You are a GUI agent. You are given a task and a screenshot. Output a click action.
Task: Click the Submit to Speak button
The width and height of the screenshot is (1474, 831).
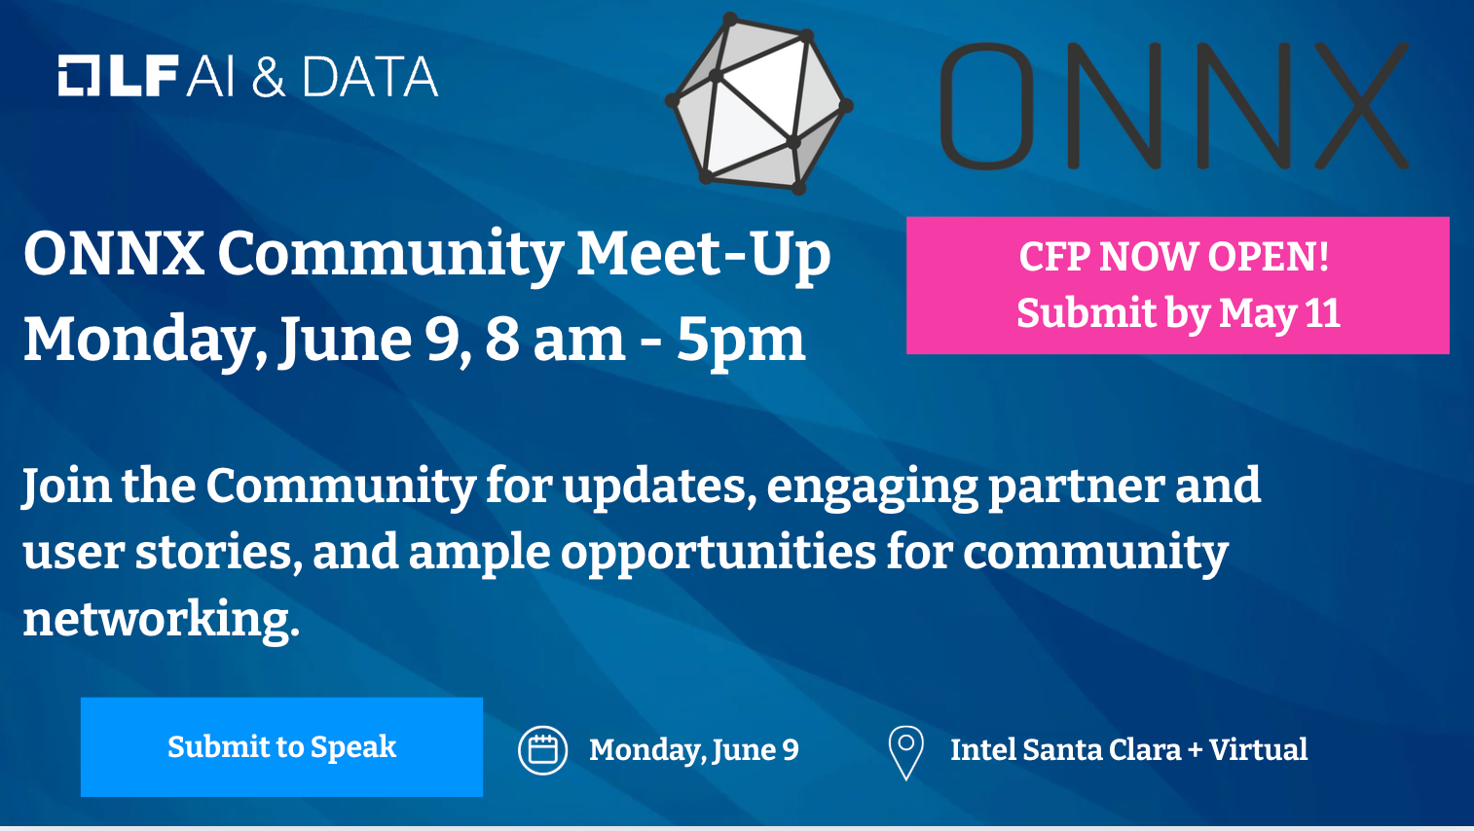pyautogui.click(x=281, y=747)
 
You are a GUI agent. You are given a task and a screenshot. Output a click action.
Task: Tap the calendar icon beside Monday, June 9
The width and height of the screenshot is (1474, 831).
pyautogui.click(x=543, y=750)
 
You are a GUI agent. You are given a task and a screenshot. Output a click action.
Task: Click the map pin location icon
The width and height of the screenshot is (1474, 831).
pyautogui.click(x=906, y=753)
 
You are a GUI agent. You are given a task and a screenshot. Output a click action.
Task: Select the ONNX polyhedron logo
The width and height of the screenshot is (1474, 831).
pyautogui.click(x=759, y=104)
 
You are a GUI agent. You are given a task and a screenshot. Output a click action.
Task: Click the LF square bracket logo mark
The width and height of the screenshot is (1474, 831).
pyautogui.click(x=78, y=76)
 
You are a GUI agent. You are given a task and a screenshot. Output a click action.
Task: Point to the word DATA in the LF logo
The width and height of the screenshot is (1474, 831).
pyautogui.click(x=370, y=76)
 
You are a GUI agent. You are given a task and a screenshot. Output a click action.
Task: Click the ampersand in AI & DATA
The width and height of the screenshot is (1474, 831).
pyautogui.click(x=269, y=76)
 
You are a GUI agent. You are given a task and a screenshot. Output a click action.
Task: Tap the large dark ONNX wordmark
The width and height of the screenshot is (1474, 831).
pyautogui.click(x=1174, y=105)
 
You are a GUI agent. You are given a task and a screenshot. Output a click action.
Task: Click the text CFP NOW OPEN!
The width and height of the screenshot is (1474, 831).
pyautogui.click(x=1174, y=256)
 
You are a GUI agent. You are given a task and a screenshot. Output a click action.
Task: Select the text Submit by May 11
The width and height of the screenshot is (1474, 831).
pyautogui.click(x=1178, y=313)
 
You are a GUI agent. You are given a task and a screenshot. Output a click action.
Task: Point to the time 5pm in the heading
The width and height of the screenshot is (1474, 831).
pyautogui.click(x=741, y=341)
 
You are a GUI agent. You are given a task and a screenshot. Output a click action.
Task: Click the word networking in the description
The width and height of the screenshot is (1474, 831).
pyautogui.click(x=162, y=619)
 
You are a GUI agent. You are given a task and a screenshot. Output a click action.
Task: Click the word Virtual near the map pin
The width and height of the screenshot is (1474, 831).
pyautogui.click(x=1258, y=749)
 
